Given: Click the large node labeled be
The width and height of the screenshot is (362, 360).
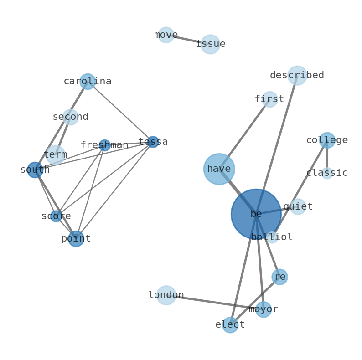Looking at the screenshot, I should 256,214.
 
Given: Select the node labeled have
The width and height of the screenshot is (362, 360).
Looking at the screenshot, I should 219,169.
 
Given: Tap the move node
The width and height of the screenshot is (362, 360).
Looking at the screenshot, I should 166,35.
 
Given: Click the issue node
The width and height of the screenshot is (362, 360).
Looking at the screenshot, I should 210,44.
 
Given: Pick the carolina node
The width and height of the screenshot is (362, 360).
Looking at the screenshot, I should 88,82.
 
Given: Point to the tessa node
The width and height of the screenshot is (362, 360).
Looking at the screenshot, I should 153,142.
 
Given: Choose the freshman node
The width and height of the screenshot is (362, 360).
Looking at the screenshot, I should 104,145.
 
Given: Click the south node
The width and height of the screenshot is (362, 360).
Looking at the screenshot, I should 35,170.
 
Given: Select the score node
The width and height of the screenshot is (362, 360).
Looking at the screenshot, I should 56,216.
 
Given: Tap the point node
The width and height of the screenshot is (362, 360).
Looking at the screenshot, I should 76,238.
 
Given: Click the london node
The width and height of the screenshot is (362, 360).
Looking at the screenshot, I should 166,295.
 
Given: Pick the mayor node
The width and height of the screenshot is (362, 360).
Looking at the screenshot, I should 263,309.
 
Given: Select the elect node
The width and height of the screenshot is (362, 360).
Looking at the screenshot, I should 230,325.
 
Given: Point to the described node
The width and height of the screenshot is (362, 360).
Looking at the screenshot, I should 297,76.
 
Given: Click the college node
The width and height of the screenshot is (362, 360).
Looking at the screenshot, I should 327,140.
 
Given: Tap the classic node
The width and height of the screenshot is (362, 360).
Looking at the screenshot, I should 327,173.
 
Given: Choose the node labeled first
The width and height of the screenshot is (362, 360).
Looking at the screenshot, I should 269,99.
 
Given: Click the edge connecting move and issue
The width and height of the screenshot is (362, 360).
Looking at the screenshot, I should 188,40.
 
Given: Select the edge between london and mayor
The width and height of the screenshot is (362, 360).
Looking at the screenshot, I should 214,302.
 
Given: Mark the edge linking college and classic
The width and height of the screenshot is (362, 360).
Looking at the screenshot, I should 327,157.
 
